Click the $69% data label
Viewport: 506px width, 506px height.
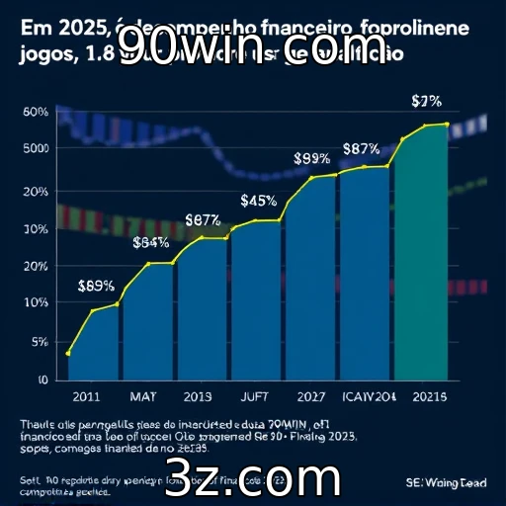coord(95,287)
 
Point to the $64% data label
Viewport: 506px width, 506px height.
coord(150,243)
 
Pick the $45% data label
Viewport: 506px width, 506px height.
coord(258,201)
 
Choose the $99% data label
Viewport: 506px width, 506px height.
coord(311,157)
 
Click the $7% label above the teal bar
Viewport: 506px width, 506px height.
coord(426,102)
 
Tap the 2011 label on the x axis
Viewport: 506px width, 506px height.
coord(86,396)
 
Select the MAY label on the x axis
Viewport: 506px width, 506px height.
coord(142,396)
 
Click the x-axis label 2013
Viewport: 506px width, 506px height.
coord(199,396)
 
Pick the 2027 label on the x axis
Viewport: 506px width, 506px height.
coord(311,396)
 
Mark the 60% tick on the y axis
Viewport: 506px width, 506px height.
coord(35,112)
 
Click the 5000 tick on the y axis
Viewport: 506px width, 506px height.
coord(35,149)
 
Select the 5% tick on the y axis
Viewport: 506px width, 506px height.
coord(41,342)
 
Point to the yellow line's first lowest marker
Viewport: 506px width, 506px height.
coord(67,353)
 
